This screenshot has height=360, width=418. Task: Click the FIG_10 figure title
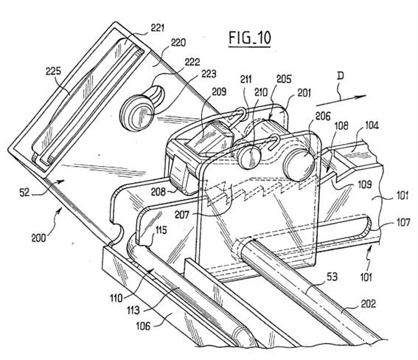(249, 38)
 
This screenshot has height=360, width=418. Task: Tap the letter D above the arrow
(340, 76)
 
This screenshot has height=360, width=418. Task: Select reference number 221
(158, 28)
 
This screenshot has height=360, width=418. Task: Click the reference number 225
(53, 72)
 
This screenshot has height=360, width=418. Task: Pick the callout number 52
(24, 193)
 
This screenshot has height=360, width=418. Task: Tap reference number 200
(39, 238)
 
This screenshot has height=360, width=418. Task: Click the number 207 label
(182, 215)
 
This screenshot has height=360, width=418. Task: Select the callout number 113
(133, 310)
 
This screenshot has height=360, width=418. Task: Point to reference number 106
(144, 326)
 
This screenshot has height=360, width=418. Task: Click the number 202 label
(368, 304)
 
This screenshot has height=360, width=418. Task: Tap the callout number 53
(332, 277)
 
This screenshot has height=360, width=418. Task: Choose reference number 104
(372, 125)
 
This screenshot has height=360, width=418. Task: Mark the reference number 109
(364, 184)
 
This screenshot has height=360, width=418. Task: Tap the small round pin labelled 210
(248, 158)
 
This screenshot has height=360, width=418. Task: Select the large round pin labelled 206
(299, 163)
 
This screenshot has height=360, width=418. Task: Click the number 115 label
(161, 230)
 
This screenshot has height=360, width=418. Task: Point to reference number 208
(159, 192)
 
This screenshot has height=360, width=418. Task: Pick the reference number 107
(403, 222)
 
